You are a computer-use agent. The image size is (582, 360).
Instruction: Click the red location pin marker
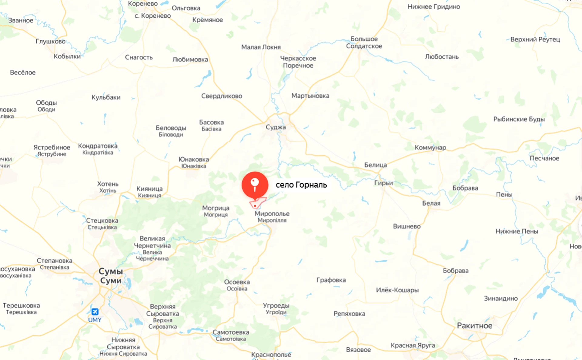point(255,185)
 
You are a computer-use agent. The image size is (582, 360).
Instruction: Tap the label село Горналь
point(301,185)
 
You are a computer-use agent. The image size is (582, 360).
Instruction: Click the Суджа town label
point(276,127)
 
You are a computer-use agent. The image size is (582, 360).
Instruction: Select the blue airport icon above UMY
point(95,311)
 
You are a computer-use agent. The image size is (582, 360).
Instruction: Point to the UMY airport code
point(95,320)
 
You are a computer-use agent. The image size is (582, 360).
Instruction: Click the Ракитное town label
point(474,326)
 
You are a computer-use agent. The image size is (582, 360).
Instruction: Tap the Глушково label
point(50,41)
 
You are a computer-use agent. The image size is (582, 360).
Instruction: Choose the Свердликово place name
point(222,96)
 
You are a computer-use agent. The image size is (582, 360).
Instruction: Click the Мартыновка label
point(310,96)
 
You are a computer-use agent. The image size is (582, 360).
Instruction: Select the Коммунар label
point(430,147)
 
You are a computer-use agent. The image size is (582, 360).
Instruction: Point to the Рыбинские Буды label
point(519,119)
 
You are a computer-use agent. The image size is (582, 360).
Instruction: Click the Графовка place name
point(331,280)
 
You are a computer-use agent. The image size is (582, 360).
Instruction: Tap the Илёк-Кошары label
point(397,290)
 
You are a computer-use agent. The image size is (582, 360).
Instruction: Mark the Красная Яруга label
point(413,345)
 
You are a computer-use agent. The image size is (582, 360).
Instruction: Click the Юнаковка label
point(194,160)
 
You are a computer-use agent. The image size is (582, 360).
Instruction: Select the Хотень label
point(108,184)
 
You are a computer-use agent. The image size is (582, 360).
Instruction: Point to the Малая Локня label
point(261,47)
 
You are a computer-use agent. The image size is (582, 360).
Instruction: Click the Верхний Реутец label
point(535,39)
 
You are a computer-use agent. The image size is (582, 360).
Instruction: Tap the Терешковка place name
point(21,305)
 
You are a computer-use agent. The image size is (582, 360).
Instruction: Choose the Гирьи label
point(383,183)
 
